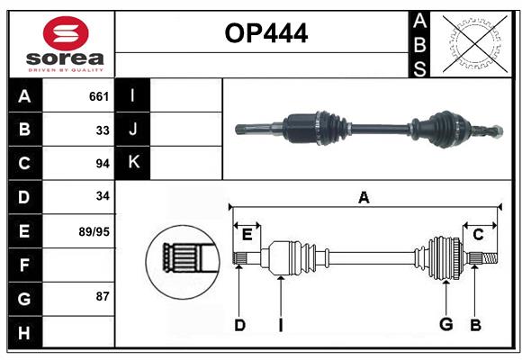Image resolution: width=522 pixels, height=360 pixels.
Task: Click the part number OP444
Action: pyautogui.click(x=266, y=33)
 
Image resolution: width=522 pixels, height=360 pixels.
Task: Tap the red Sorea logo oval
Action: pyautogui.click(x=66, y=32)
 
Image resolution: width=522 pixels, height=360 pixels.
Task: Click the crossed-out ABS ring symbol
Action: pyautogui.click(x=475, y=44)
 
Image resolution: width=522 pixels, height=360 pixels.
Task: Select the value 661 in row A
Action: pyautogui.click(x=99, y=96)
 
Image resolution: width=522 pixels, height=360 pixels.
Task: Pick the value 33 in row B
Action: pyautogui.click(x=103, y=130)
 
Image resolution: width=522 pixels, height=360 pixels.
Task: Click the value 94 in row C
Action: pyautogui.click(x=103, y=164)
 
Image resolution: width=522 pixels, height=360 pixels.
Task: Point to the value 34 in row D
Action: pyautogui.click(x=103, y=196)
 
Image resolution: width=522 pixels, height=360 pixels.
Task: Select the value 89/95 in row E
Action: pyautogui.click(x=94, y=231)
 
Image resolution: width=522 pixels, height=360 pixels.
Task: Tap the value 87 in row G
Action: pyautogui.click(x=103, y=296)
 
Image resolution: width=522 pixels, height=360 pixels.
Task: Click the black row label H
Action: pyautogui.click(x=24, y=333)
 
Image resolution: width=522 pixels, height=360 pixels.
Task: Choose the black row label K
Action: pyautogui.click(x=132, y=163)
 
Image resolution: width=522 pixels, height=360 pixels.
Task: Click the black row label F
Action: pyautogui.click(x=24, y=265)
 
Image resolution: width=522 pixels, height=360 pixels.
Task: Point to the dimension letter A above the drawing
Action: pyautogui.click(x=364, y=197)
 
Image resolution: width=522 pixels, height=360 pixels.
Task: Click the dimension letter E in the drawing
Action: pyautogui.click(x=247, y=235)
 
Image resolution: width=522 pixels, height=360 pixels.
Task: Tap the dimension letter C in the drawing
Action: pyautogui.click(x=478, y=235)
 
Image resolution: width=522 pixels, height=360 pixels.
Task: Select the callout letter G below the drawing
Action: pyautogui.click(x=446, y=324)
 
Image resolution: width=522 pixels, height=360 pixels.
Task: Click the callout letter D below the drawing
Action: pyautogui.click(x=239, y=325)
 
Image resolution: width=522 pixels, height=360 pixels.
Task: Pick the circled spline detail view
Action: pyautogui.click(x=183, y=262)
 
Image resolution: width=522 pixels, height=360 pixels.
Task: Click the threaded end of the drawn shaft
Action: pyautogui.click(x=490, y=258)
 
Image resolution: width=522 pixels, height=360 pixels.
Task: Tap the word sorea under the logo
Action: pyautogui.click(x=65, y=58)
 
